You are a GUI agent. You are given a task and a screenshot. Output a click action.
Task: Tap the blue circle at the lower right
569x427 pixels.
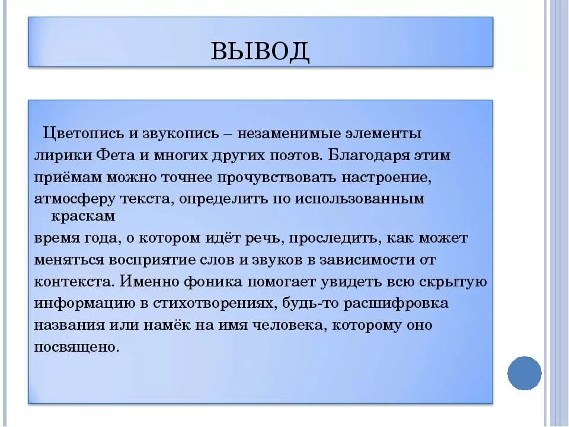(x=525, y=373)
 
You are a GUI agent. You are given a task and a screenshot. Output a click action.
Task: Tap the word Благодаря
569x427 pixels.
(x=364, y=155)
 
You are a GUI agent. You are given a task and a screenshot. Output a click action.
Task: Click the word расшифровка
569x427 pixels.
(x=394, y=304)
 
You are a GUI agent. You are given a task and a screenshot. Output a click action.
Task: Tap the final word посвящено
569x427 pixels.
(x=76, y=347)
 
